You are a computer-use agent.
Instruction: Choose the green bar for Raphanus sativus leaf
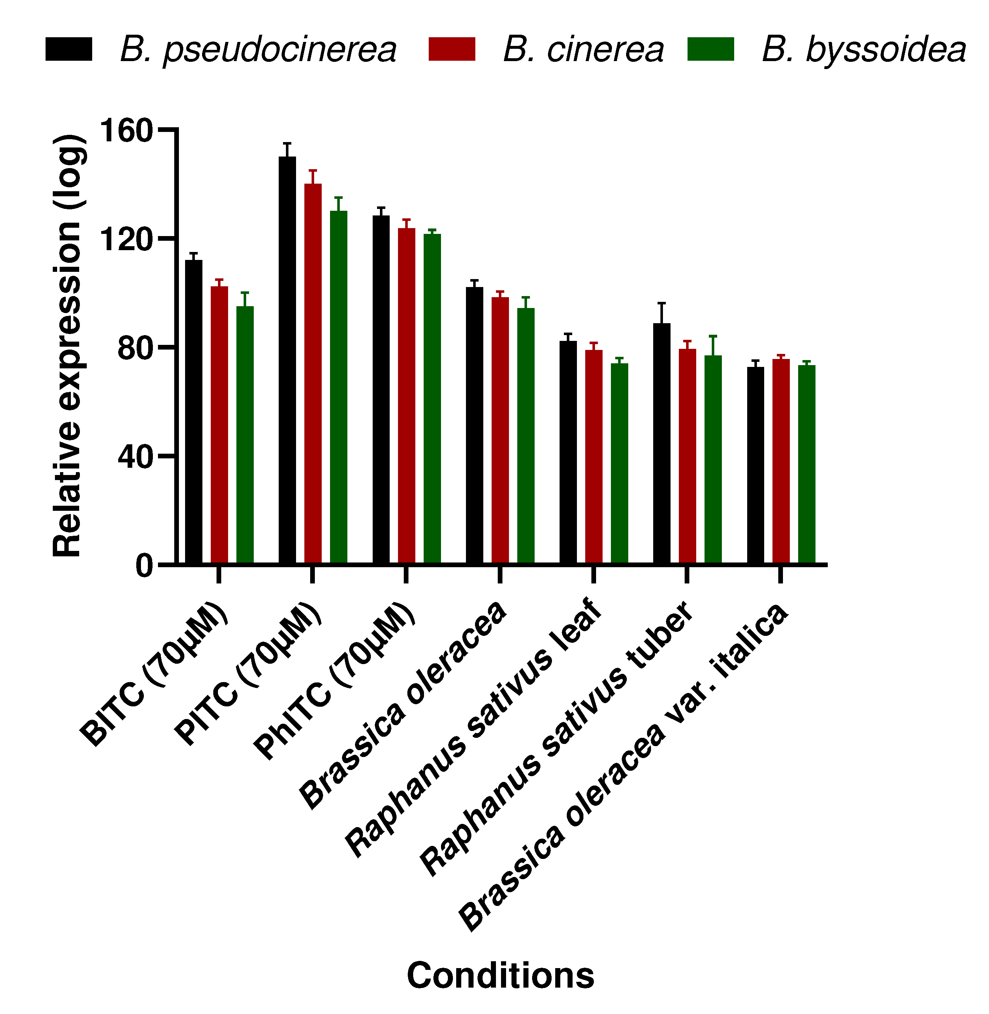[619, 463]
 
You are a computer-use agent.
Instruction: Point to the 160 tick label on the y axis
[126, 130]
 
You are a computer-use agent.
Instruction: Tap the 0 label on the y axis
[144, 565]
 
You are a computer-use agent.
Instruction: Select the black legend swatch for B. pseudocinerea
[69, 50]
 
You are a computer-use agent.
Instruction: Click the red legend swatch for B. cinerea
[452, 50]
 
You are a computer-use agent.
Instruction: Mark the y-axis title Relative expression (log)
[68, 346]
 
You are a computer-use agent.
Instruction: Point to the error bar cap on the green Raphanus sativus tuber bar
[713, 336]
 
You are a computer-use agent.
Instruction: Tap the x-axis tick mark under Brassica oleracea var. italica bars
[780, 574]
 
